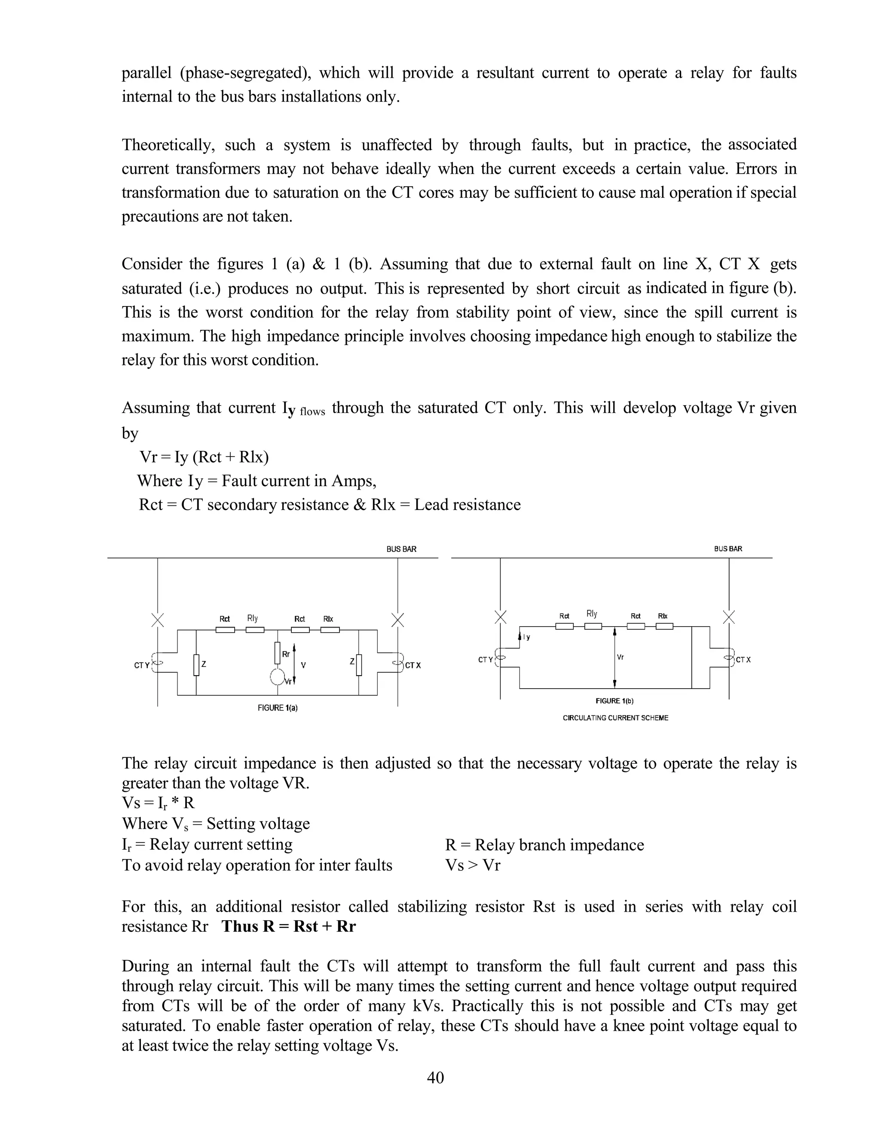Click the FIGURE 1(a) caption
coord(277,708)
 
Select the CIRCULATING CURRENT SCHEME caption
coord(615,718)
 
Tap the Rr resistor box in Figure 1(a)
coord(277,652)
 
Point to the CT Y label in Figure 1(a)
coord(142,665)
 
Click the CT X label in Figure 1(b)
coord(743,660)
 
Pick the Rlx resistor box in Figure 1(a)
coord(330,630)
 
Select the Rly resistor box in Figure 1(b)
coord(593,626)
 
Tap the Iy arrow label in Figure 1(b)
coord(526,637)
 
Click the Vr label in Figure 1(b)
coord(620,657)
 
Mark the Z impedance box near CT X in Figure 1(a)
coord(359,664)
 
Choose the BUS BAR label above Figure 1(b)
coord(728,548)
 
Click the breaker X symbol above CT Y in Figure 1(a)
coord(157,620)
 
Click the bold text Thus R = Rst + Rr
coord(288,926)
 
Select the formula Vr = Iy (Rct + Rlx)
coord(204,457)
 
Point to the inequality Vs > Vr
coord(472,865)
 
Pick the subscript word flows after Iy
coord(312,411)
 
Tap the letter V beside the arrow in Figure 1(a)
coord(303,665)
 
